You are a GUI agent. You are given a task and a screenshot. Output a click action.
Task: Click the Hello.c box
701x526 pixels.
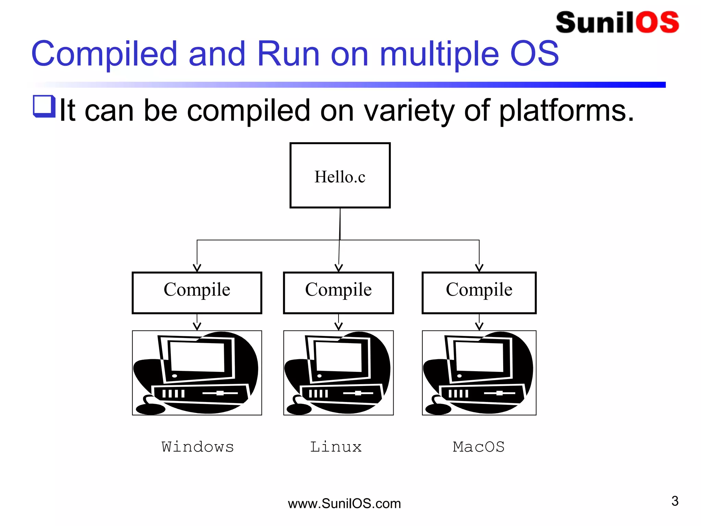[x=340, y=175]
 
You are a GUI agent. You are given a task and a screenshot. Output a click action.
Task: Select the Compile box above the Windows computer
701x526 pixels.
[x=197, y=292]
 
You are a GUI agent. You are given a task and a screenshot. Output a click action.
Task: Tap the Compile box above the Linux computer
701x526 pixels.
[x=338, y=292]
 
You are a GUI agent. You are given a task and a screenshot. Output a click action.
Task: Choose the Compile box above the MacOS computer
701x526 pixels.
[x=479, y=292]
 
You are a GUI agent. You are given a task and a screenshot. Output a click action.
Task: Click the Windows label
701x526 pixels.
[x=197, y=447]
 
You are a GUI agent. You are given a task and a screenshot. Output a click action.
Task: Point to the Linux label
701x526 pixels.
[x=336, y=447]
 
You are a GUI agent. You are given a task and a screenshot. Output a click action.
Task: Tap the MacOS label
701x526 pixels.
[x=479, y=447]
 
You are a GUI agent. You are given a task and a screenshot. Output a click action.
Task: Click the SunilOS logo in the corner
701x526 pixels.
[x=617, y=23]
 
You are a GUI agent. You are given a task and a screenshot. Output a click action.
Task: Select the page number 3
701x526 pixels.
[x=675, y=501]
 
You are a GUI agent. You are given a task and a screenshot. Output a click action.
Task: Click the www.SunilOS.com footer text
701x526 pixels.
[x=344, y=503]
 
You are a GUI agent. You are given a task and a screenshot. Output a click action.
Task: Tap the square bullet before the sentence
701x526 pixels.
[x=44, y=106]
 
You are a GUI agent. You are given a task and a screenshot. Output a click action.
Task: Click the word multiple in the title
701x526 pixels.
[x=439, y=54]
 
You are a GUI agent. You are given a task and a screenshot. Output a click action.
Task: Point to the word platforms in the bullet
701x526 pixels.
[x=566, y=110]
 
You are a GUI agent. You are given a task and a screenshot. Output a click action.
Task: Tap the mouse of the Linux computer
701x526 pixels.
[x=299, y=409]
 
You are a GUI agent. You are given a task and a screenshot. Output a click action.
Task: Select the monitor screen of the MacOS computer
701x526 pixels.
[x=479, y=357]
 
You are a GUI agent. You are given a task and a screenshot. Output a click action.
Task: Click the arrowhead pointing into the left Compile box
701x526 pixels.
[x=197, y=268]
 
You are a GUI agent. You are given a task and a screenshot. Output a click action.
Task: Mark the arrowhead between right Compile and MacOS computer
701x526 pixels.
[x=479, y=326]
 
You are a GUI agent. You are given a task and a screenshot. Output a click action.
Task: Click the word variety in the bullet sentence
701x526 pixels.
[x=409, y=110]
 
